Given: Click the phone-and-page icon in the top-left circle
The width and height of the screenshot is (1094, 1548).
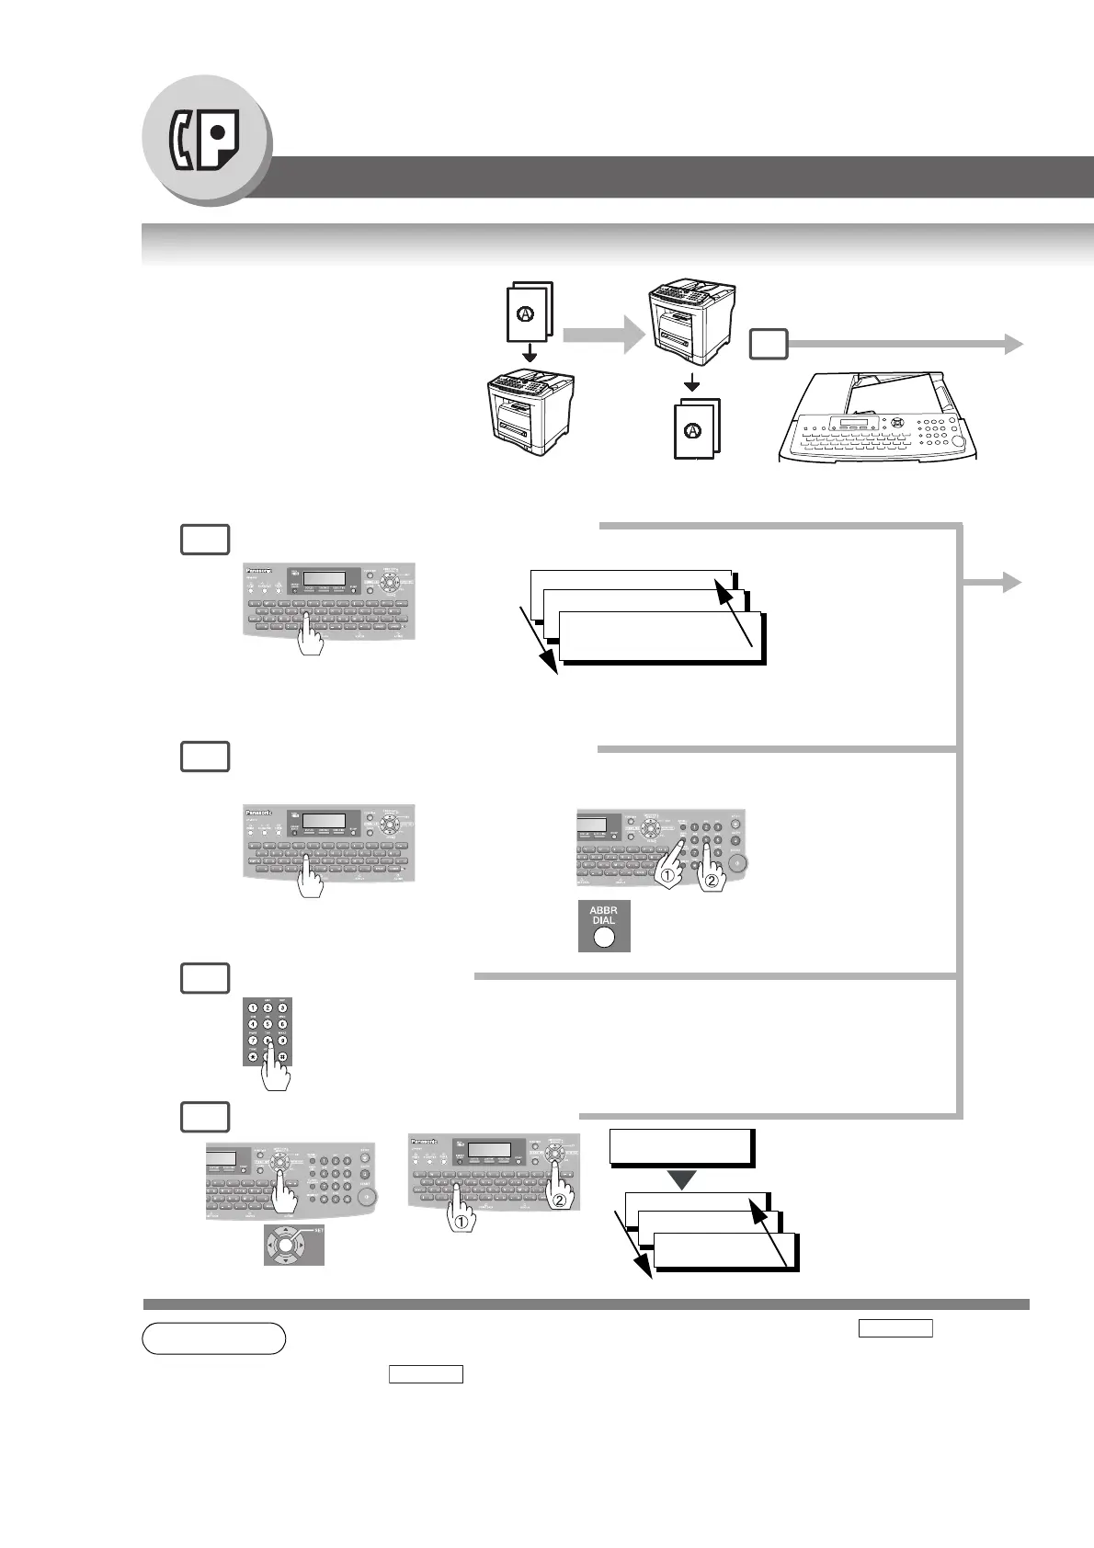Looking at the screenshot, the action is pyautogui.click(x=205, y=141).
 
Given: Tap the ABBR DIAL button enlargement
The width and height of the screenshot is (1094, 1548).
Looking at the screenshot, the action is pyautogui.click(x=604, y=926).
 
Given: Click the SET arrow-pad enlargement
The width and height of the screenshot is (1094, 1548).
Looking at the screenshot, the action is pyautogui.click(x=293, y=1245).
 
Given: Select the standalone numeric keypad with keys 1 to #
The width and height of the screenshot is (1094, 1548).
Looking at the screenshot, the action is pyautogui.click(x=268, y=1031).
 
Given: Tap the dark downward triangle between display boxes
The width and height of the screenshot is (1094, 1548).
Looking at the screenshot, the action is pyautogui.click(x=681, y=1179).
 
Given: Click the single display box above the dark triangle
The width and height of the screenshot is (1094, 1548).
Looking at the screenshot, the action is pyautogui.click(x=681, y=1147).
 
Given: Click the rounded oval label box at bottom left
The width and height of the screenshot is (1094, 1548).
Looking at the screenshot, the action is pyautogui.click(x=214, y=1338).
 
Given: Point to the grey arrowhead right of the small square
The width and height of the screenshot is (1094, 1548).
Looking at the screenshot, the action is pyautogui.click(x=1012, y=344).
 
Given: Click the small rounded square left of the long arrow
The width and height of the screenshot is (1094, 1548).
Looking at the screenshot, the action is pyautogui.click(x=769, y=345).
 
